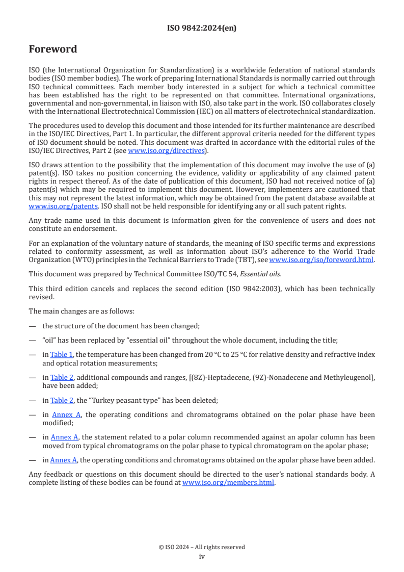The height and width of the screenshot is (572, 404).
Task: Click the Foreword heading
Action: pyautogui.click(x=53, y=49)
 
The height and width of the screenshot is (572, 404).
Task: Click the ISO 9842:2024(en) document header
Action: pyautogui.click(x=202, y=28)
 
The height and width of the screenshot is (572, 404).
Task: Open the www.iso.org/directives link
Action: pyautogui.click(x=166, y=151)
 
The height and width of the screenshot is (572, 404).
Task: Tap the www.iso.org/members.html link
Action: pyautogui.click(x=228, y=482)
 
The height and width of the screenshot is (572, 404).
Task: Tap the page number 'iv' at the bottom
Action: pyautogui.click(x=202, y=557)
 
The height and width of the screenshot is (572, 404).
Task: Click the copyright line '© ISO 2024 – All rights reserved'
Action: pyautogui.click(x=202, y=547)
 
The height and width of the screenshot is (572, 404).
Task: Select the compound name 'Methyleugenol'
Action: pyautogui.click(x=349, y=377)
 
